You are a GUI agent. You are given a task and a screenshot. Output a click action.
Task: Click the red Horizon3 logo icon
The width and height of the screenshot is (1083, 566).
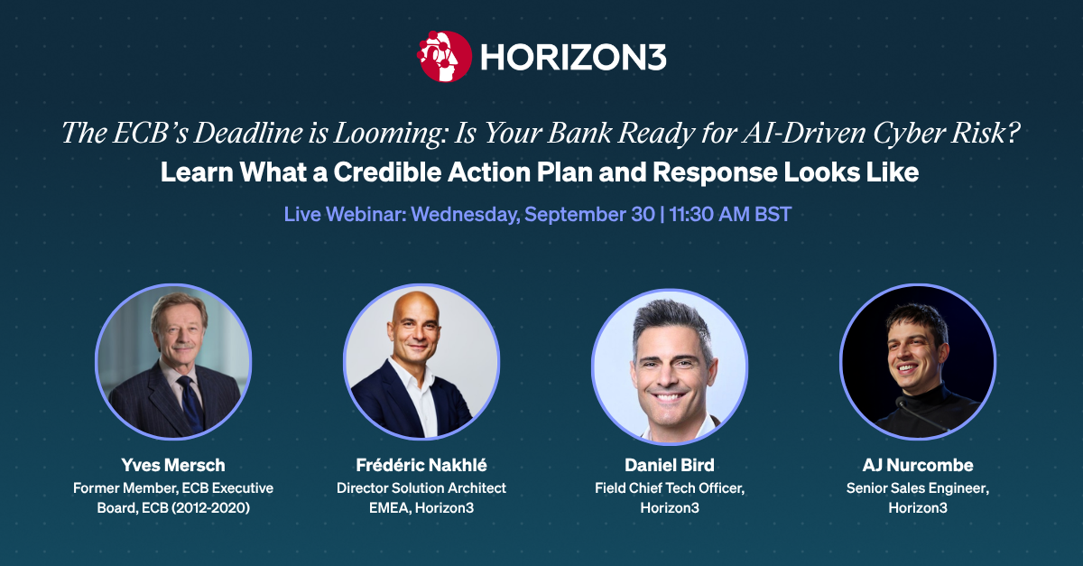click(444, 56)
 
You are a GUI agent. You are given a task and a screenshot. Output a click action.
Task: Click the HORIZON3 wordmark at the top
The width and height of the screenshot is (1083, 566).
click(573, 57)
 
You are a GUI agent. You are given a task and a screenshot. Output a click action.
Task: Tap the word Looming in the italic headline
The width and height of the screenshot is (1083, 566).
click(390, 133)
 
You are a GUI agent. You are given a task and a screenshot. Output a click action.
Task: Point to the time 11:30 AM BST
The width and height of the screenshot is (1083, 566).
click(730, 214)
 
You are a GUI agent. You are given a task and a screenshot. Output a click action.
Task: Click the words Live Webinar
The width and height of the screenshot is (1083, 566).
click(345, 214)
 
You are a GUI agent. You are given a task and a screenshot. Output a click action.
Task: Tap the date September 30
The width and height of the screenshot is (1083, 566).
click(590, 214)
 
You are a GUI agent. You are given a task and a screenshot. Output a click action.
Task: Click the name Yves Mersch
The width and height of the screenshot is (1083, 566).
click(173, 465)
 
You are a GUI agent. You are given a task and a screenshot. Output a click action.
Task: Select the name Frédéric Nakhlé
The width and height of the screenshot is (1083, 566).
click(421, 465)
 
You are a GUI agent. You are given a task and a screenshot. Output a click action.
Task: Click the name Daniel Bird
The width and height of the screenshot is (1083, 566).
click(669, 465)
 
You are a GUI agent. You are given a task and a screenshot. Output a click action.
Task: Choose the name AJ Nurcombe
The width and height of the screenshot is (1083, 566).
click(918, 465)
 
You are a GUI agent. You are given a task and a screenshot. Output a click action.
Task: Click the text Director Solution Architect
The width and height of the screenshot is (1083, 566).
click(421, 488)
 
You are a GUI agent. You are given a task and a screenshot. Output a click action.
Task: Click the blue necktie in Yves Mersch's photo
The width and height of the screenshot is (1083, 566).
click(191, 404)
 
